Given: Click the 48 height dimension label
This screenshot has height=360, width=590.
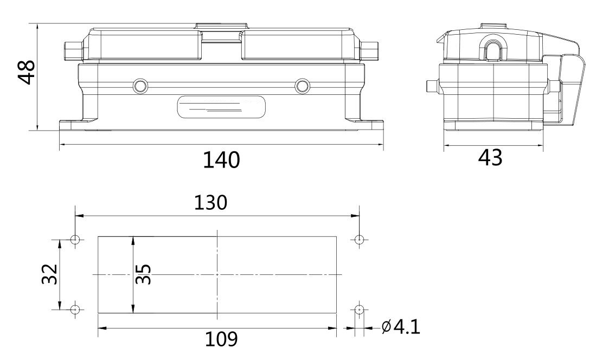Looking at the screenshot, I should coord(25,72).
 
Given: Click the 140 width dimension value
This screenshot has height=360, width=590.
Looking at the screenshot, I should coord(221,160).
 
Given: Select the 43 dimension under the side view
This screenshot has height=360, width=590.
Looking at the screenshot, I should coord(490,158).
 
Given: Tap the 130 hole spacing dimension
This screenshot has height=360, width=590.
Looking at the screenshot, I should coord(211,202).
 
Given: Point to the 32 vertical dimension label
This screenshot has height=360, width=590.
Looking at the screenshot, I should coord(49,274).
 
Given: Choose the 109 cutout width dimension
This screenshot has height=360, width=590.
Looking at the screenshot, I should coord(221,339).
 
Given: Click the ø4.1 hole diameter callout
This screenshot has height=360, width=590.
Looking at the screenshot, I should coord(400,327).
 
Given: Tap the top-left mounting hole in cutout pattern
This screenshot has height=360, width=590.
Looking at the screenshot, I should coord(75,239).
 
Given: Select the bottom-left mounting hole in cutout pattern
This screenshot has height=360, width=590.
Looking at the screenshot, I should coord(75,309).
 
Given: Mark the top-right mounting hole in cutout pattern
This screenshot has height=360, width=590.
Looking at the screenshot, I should coord(358,239).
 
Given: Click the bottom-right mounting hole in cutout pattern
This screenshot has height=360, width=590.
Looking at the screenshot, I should coord(358,309).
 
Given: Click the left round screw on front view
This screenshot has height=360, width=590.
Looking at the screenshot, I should coord(140,86).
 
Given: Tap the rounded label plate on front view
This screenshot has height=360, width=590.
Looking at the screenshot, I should coord(221,107).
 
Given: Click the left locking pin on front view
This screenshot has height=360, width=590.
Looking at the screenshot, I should coord(71,51).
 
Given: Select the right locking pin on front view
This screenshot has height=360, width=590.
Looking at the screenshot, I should coord(370,51).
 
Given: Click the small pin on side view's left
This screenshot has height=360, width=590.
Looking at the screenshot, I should coord(432,86).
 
